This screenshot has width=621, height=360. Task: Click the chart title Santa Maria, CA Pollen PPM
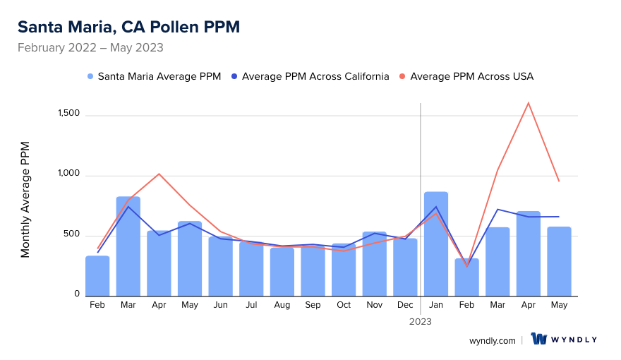[x=128, y=27]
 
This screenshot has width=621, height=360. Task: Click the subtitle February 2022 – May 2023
[x=90, y=48]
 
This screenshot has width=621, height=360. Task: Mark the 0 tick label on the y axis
[x=77, y=294]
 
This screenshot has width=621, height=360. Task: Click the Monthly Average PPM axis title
[x=25, y=200]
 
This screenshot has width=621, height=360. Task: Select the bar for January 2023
[x=436, y=244]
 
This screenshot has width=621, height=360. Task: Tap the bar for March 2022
[x=128, y=246]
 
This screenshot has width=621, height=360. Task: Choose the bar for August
[x=282, y=272]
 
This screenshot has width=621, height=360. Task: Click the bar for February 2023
[x=467, y=277]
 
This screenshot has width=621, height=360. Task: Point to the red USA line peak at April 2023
[x=528, y=103]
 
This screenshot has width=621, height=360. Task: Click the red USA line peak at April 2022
[x=159, y=174]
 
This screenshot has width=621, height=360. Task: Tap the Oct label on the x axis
[x=344, y=305]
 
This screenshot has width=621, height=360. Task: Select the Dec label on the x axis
[x=405, y=305]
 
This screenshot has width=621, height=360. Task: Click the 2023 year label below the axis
[x=421, y=321]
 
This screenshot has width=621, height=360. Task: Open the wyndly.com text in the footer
[x=493, y=340]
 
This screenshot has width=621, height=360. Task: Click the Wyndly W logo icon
[x=540, y=339]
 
